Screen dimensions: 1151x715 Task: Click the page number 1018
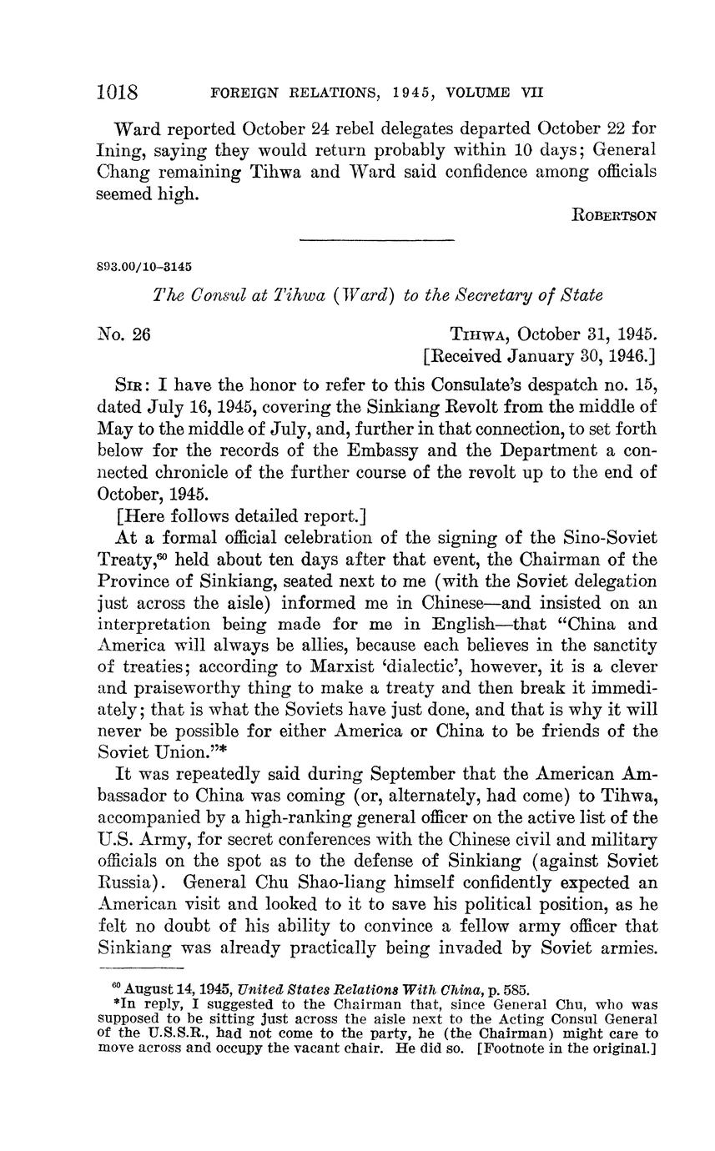[x=118, y=91]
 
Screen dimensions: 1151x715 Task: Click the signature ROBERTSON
[x=615, y=216]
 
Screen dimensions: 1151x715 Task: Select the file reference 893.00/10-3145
[x=145, y=267]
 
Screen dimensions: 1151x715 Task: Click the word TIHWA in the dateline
[x=477, y=335]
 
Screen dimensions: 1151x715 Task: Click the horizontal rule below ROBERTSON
[x=376, y=241]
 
